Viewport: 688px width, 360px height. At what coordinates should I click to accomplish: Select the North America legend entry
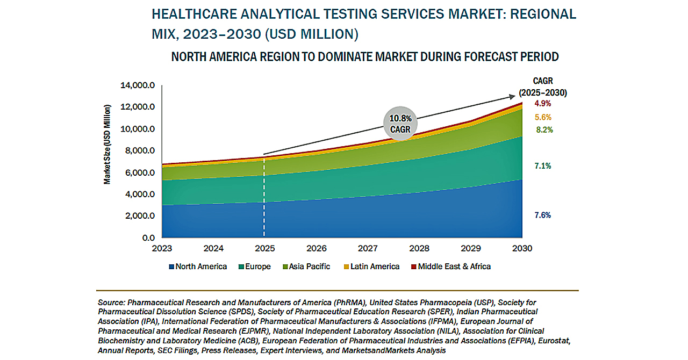[x=198, y=267]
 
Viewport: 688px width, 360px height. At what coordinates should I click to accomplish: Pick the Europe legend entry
[x=255, y=267]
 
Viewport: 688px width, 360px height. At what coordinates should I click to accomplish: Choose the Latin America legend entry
[x=371, y=267]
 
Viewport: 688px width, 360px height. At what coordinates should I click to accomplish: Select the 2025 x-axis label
[x=264, y=248]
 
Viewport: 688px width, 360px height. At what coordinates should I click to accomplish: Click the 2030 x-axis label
[x=522, y=248]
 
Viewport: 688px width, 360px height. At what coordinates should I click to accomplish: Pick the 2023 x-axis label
[x=162, y=248]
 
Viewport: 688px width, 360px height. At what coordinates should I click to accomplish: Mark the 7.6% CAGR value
[x=542, y=215]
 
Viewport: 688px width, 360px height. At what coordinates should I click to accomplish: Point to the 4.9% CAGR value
[x=542, y=103]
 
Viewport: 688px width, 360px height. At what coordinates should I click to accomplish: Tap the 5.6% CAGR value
[x=543, y=117]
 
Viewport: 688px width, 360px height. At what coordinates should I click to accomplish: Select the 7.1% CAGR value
[x=542, y=166]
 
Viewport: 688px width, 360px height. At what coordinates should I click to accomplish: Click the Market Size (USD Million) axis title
[x=107, y=145]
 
